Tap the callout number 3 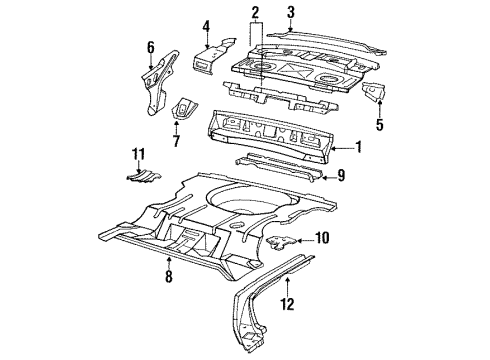[291, 12]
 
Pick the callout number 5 [378, 126]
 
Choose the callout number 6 [150, 46]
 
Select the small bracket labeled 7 [184, 107]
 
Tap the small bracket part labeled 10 [286, 240]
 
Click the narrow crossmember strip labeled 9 [275, 167]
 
